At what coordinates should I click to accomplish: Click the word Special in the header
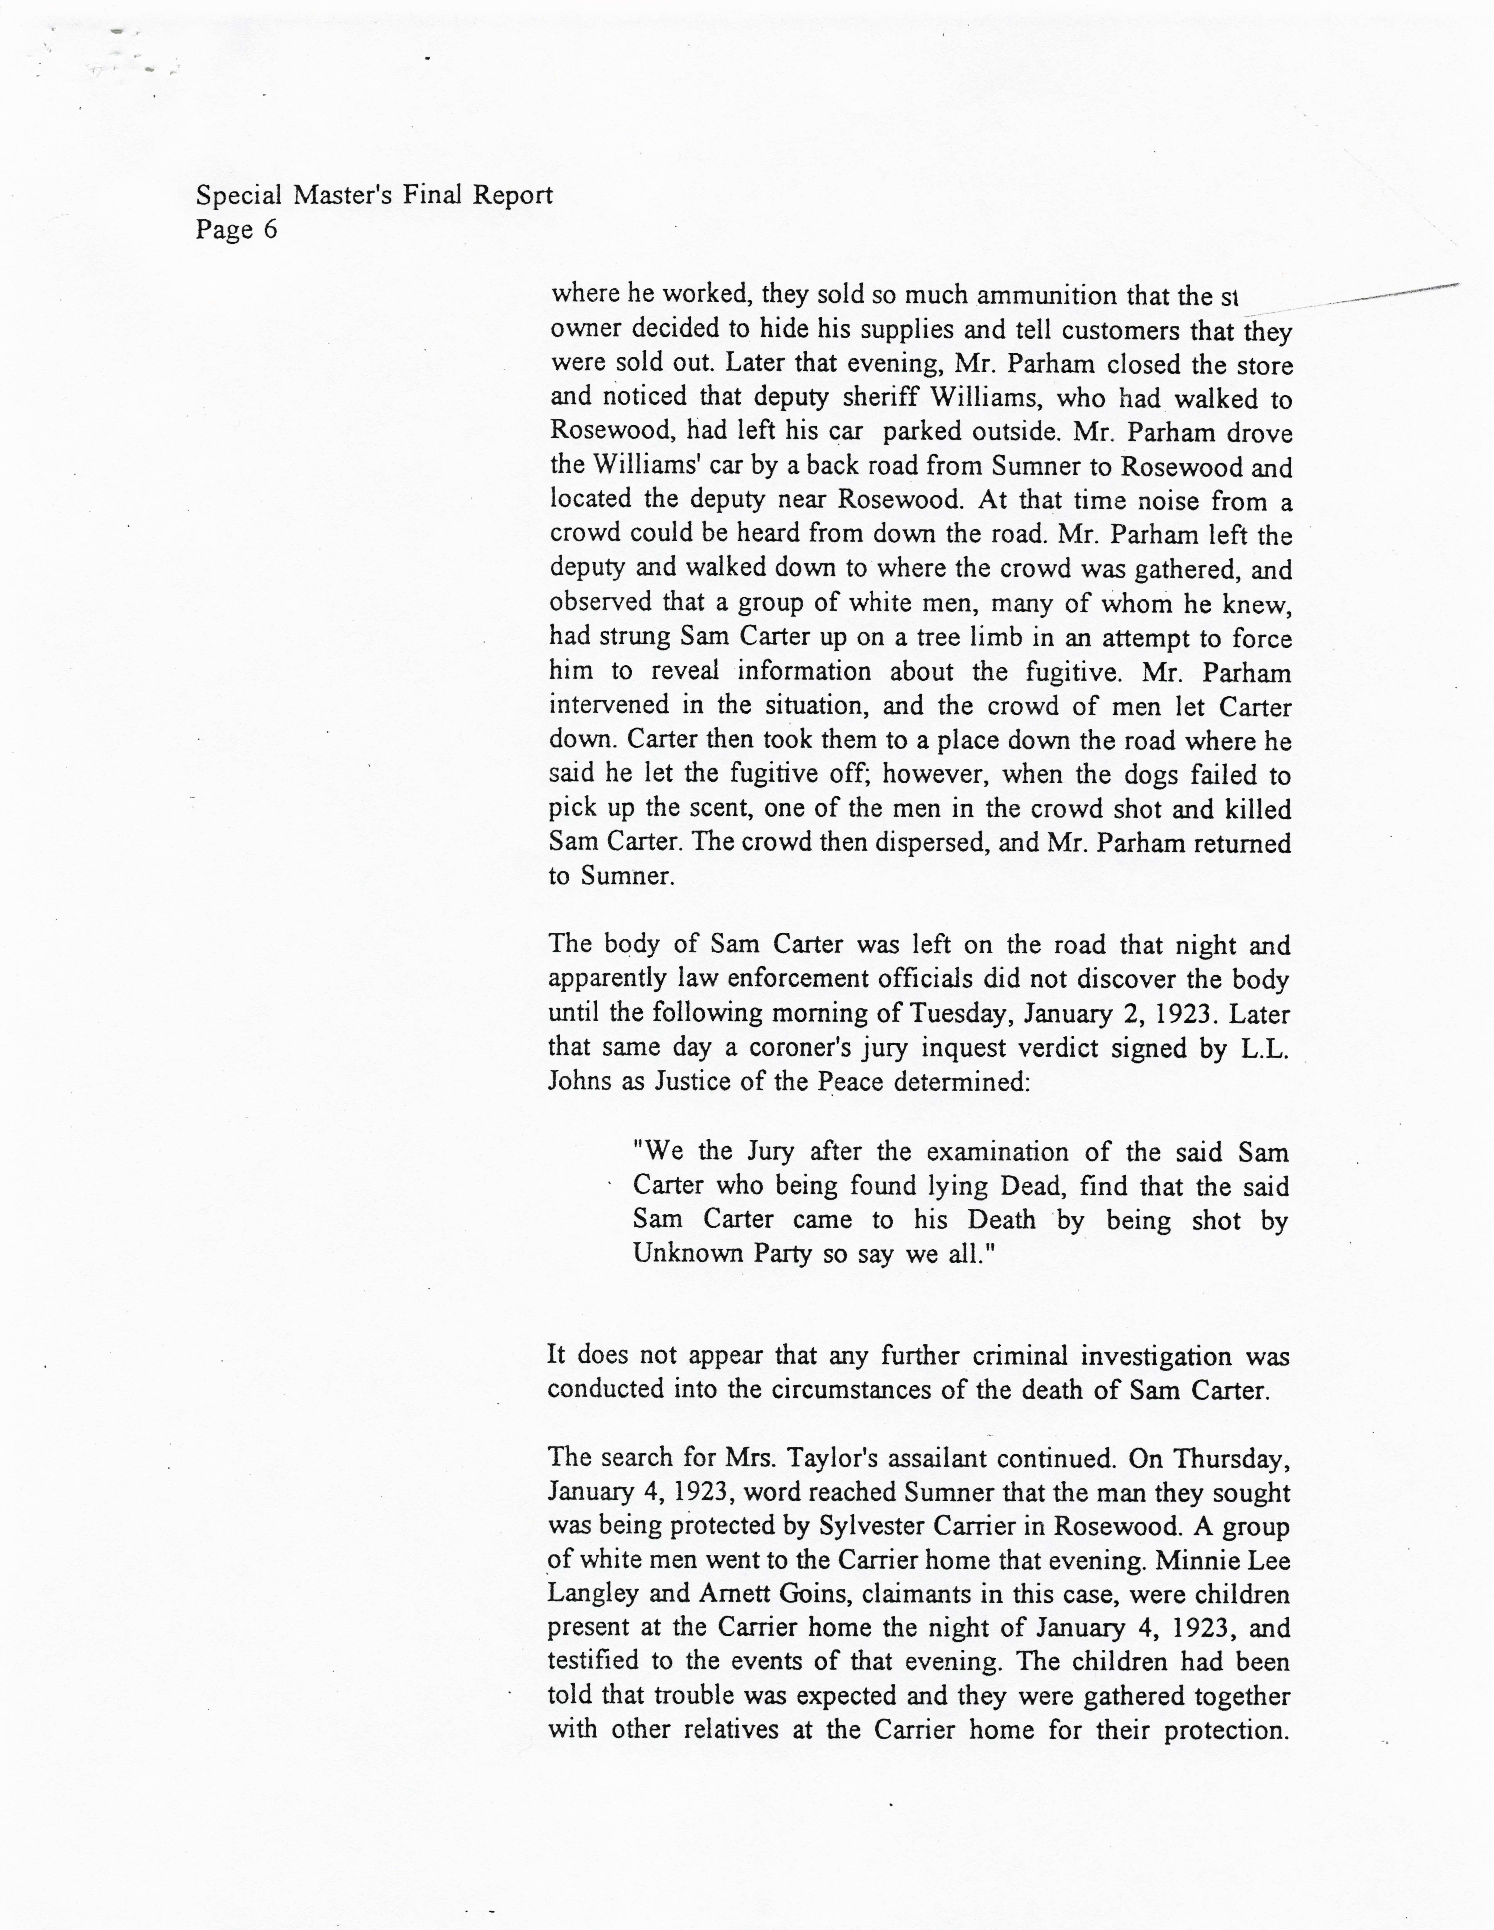[x=239, y=195]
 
